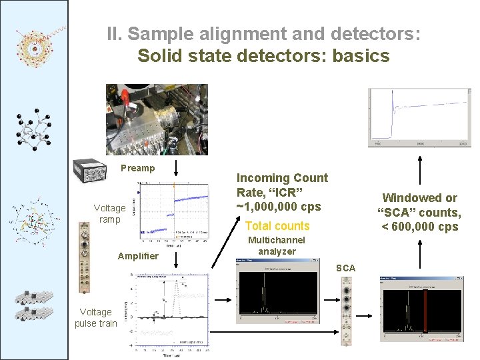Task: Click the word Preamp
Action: point(137,168)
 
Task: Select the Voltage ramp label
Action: point(109,213)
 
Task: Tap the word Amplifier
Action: point(138,256)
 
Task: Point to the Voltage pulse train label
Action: point(95,317)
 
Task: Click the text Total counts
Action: point(277,226)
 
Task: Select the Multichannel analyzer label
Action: point(277,245)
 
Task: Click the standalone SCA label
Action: point(345,268)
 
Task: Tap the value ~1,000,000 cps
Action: point(279,207)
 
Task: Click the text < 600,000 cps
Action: point(419,227)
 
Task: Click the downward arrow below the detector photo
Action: point(175,168)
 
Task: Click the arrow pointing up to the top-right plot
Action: point(419,170)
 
